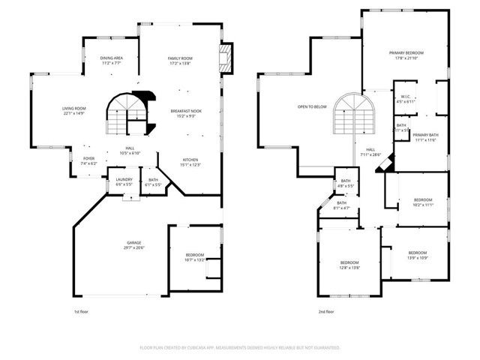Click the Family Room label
pyautogui.click(x=180, y=61)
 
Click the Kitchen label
pyautogui.click(x=190, y=162)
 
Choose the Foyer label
pyautogui.click(x=88, y=160)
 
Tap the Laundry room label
pyautogui.click(x=124, y=181)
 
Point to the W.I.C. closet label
pyautogui.click(x=404, y=98)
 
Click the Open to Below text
pyautogui.click(x=311, y=107)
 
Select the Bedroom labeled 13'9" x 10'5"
pyautogui.click(x=417, y=255)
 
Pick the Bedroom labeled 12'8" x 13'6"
pyautogui.click(x=350, y=264)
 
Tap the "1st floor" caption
pyautogui.click(x=81, y=310)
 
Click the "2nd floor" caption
pyautogui.click(x=326, y=310)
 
